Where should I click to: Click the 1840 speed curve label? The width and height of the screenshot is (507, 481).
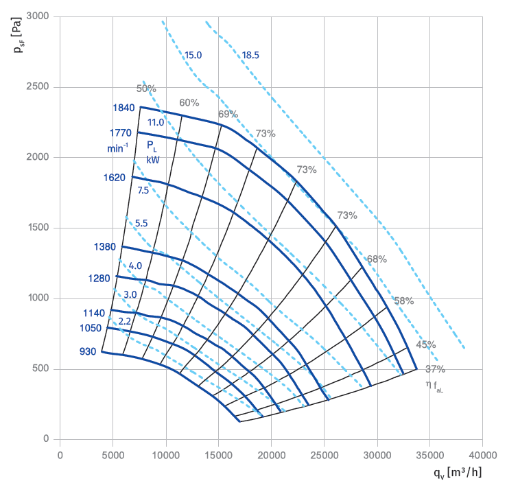click(x=124, y=108)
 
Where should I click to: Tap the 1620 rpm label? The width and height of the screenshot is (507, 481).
click(x=114, y=178)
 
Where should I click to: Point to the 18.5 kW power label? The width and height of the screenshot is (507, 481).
click(x=250, y=55)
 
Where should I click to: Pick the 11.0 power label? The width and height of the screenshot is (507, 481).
click(x=156, y=123)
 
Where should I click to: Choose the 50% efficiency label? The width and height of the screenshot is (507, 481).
click(x=146, y=89)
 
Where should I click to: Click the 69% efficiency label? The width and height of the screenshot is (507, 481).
click(x=228, y=114)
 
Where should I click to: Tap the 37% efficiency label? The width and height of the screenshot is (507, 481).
click(x=435, y=368)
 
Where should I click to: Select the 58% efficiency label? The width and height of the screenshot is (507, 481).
click(x=403, y=301)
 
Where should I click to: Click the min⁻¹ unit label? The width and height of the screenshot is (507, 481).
click(x=117, y=148)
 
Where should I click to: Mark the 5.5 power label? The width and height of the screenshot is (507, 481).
click(x=141, y=223)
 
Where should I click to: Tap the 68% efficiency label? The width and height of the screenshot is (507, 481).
click(x=377, y=259)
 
